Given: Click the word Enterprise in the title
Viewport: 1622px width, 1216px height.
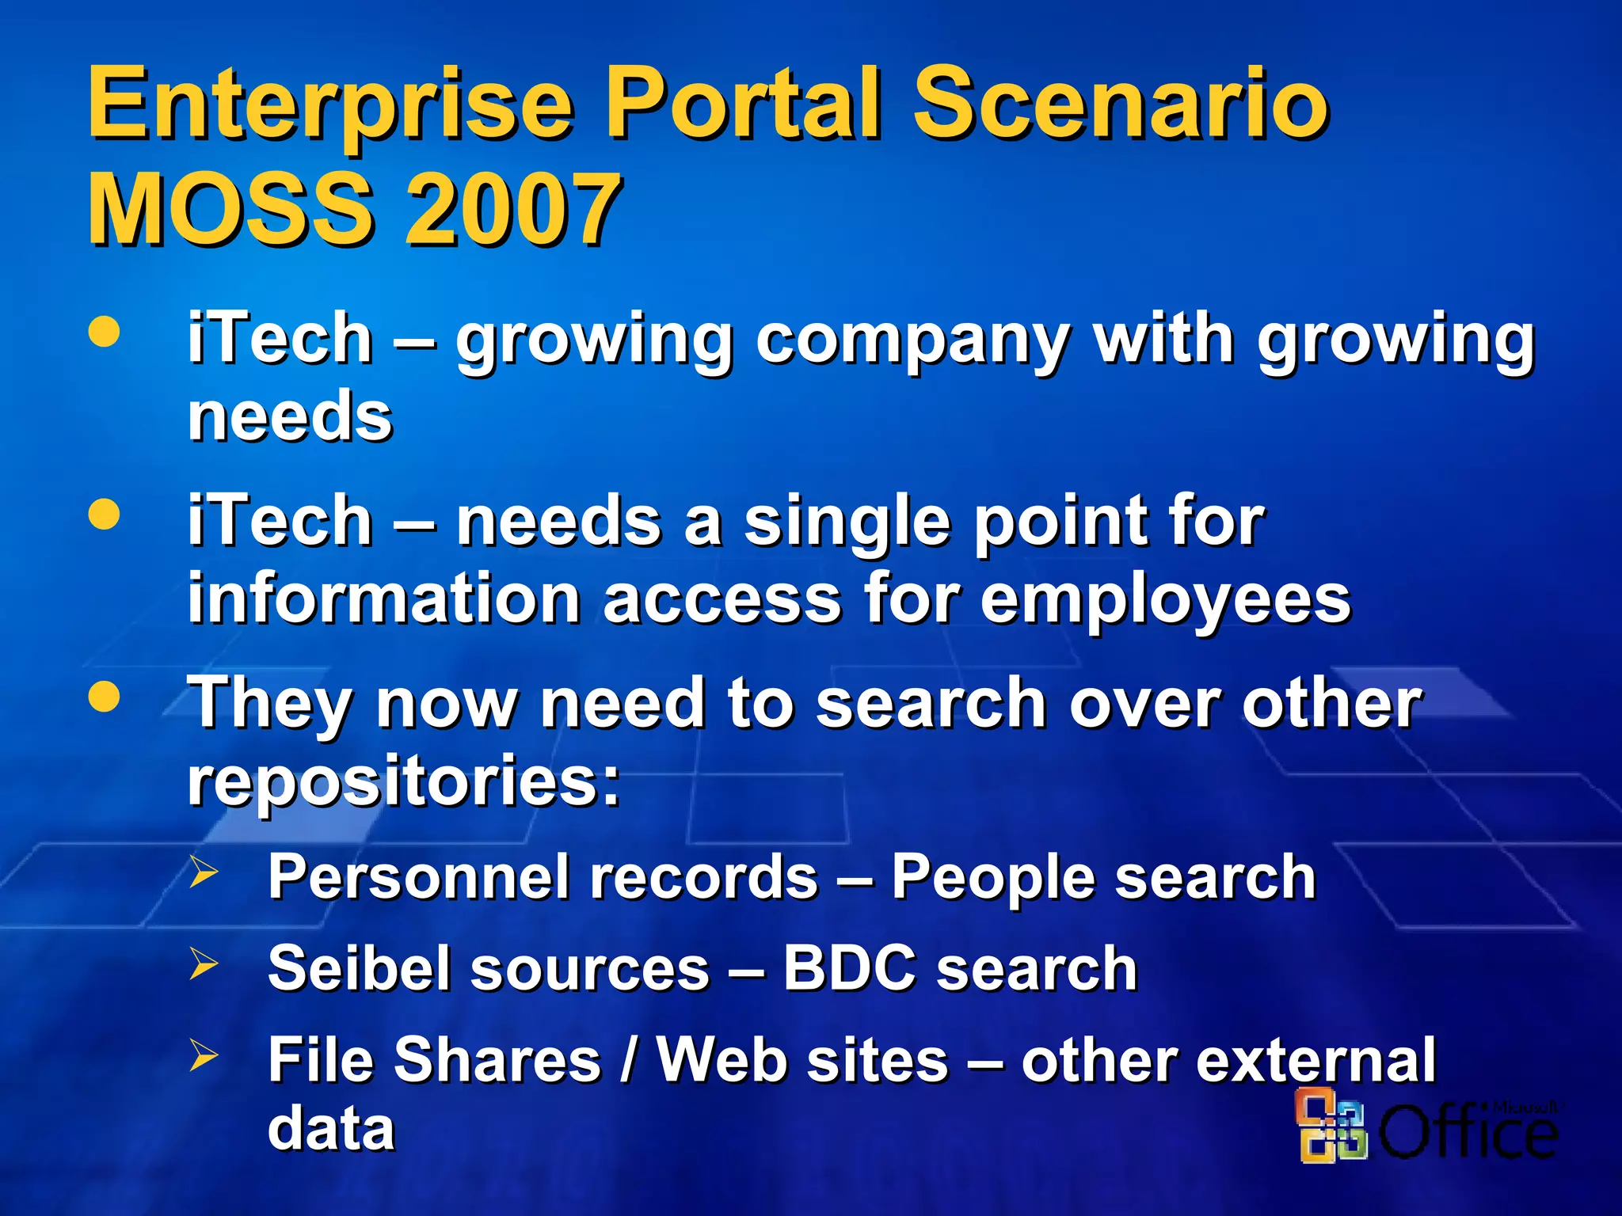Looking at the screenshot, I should point(329,105).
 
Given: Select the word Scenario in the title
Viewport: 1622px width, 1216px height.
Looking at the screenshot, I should point(1121,105).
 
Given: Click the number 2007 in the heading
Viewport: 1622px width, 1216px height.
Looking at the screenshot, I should point(513,210).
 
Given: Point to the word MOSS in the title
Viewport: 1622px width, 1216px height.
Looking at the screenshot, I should point(230,210).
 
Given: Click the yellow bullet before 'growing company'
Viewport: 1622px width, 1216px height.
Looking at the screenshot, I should point(105,332).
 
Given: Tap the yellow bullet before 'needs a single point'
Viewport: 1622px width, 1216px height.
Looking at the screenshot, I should point(105,515).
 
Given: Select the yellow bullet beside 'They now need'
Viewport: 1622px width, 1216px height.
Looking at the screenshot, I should point(105,697).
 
